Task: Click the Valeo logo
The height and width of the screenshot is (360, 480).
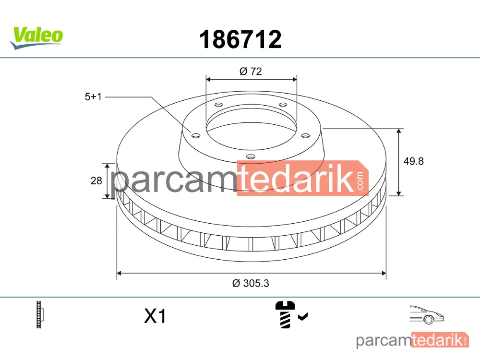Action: [x=36, y=37]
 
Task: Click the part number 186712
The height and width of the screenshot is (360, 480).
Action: [x=240, y=39]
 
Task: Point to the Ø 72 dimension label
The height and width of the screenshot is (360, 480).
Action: [x=251, y=72]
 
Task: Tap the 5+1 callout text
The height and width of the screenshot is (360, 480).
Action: [x=93, y=97]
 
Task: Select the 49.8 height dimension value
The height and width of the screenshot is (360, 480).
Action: [x=413, y=161]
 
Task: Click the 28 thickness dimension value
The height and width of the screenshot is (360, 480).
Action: [x=96, y=180]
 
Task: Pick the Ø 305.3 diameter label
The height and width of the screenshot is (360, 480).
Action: [x=251, y=283]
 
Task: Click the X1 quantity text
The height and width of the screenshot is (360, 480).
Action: [x=155, y=316]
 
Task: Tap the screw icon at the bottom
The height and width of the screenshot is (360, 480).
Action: [x=285, y=315]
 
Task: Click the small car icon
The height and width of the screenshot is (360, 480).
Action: [x=427, y=315]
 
